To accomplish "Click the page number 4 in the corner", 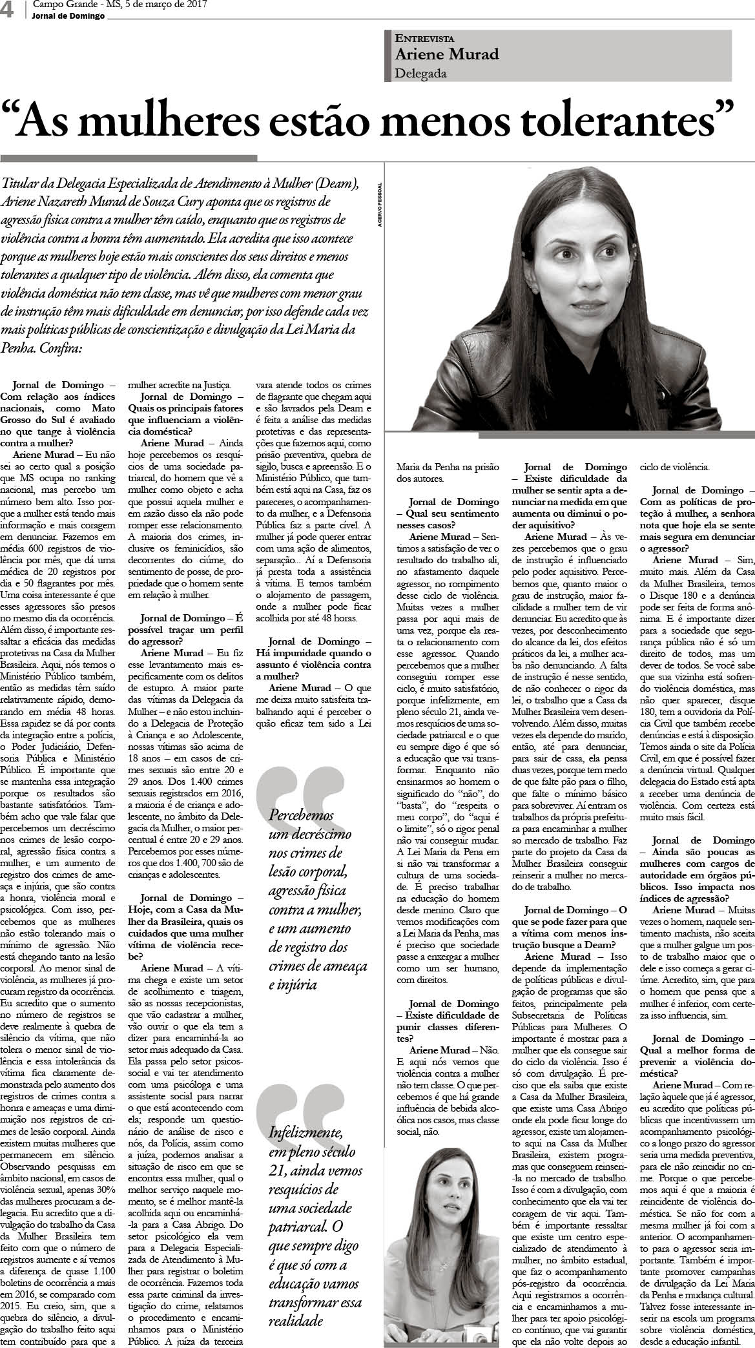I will [8, 11].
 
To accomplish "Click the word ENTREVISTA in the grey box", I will [425, 38].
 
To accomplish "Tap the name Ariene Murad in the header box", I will [447, 54].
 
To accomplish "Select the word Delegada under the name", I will [420, 73].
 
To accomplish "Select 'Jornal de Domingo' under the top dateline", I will [68, 16].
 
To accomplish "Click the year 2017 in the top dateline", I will [194, 5].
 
